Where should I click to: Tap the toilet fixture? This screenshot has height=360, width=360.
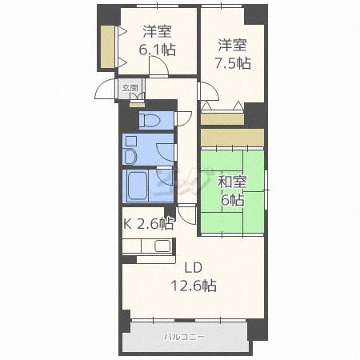point(150,120)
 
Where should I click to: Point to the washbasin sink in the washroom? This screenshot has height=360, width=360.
point(131,153)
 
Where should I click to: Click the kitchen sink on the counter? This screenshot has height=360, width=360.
point(163,247)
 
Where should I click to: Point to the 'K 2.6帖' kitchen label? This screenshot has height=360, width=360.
point(148,223)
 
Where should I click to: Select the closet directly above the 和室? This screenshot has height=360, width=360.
point(232,137)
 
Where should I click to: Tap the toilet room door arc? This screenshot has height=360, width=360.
point(184,116)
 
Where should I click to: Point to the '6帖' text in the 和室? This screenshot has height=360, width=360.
point(232,201)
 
